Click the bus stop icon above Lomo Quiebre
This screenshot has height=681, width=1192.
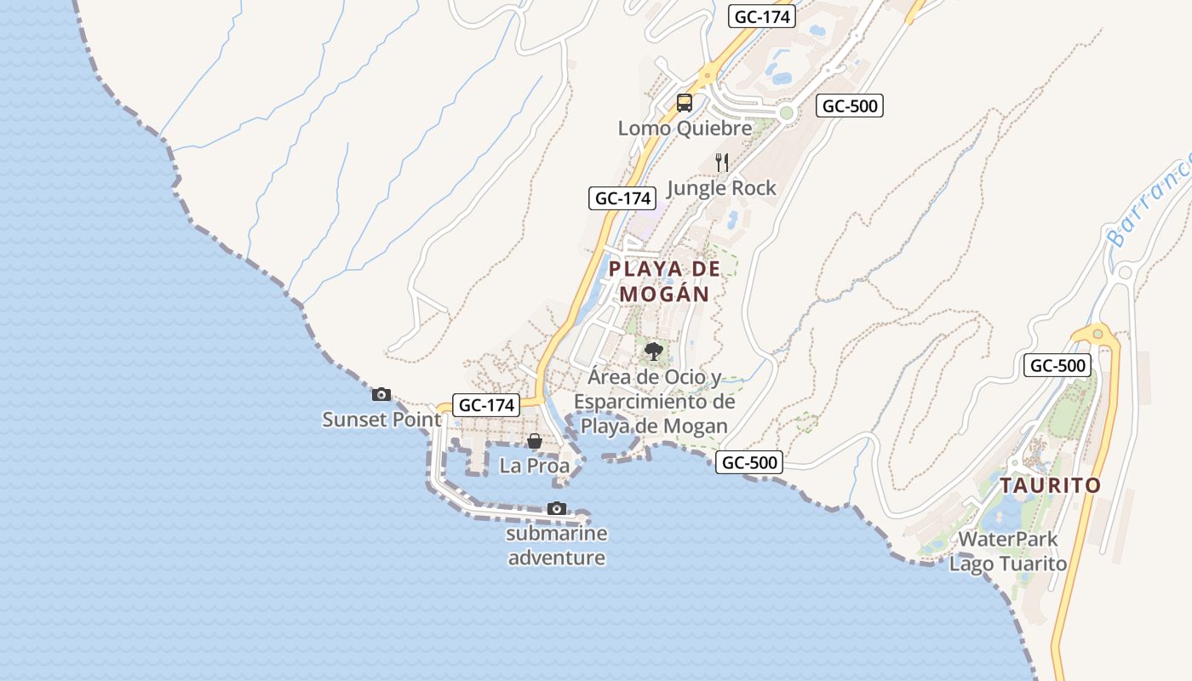(684, 103)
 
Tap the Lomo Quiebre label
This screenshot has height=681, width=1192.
(685, 129)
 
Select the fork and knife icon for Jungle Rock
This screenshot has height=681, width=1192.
(722, 163)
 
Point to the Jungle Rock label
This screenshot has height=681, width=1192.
(722, 188)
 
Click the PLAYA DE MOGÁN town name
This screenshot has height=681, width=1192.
(665, 281)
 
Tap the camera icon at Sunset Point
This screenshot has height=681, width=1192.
(381, 394)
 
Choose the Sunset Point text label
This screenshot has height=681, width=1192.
(381, 420)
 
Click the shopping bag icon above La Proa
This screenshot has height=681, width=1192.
(534, 441)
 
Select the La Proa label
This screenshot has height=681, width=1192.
(534, 466)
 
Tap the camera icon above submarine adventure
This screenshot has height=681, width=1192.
(557, 508)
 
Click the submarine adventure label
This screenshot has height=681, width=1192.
(557, 546)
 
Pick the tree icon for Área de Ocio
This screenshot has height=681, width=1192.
(654, 351)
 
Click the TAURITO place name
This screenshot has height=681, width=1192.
(1050, 486)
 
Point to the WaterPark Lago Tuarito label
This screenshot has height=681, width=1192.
(1008, 551)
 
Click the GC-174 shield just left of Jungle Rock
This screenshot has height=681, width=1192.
(623, 198)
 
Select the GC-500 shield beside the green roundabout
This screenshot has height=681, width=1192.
(849, 106)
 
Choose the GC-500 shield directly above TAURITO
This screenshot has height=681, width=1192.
(1057, 366)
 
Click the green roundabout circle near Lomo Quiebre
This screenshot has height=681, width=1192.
(787, 112)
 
